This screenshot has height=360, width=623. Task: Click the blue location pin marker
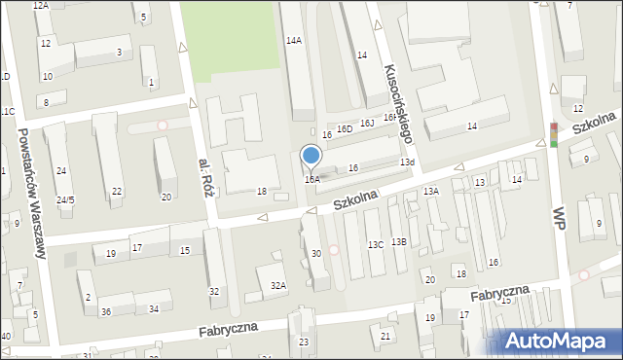coord(311,157)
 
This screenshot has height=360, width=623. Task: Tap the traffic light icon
coord(554,135)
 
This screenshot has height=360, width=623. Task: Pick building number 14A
coord(293,40)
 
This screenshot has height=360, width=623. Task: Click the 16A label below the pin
coord(311,179)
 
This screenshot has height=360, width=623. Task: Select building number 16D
coord(345,128)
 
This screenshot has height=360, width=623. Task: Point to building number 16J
coord(367,124)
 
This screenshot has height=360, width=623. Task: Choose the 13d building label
coord(407,162)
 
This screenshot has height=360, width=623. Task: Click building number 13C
coord(375,245)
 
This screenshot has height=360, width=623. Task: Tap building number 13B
coord(398,241)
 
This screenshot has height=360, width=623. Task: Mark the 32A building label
coord(278,285)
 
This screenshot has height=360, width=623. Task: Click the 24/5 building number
coord(65,200)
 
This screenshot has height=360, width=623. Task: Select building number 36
coord(105,311)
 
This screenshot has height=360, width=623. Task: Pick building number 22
coord(116,191)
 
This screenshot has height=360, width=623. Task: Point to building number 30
coord(315,254)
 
